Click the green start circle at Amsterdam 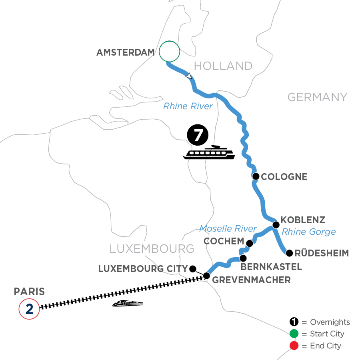169,52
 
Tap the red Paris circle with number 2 29,308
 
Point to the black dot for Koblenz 276,225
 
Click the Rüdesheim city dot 289,252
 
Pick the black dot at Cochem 250,243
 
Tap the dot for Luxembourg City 192,268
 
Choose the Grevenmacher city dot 206,276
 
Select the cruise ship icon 209,152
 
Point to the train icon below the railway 128,304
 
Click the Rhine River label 188,106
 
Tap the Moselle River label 228,228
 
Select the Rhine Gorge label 309,232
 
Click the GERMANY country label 317,97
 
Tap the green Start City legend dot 294,334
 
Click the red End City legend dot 294,345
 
